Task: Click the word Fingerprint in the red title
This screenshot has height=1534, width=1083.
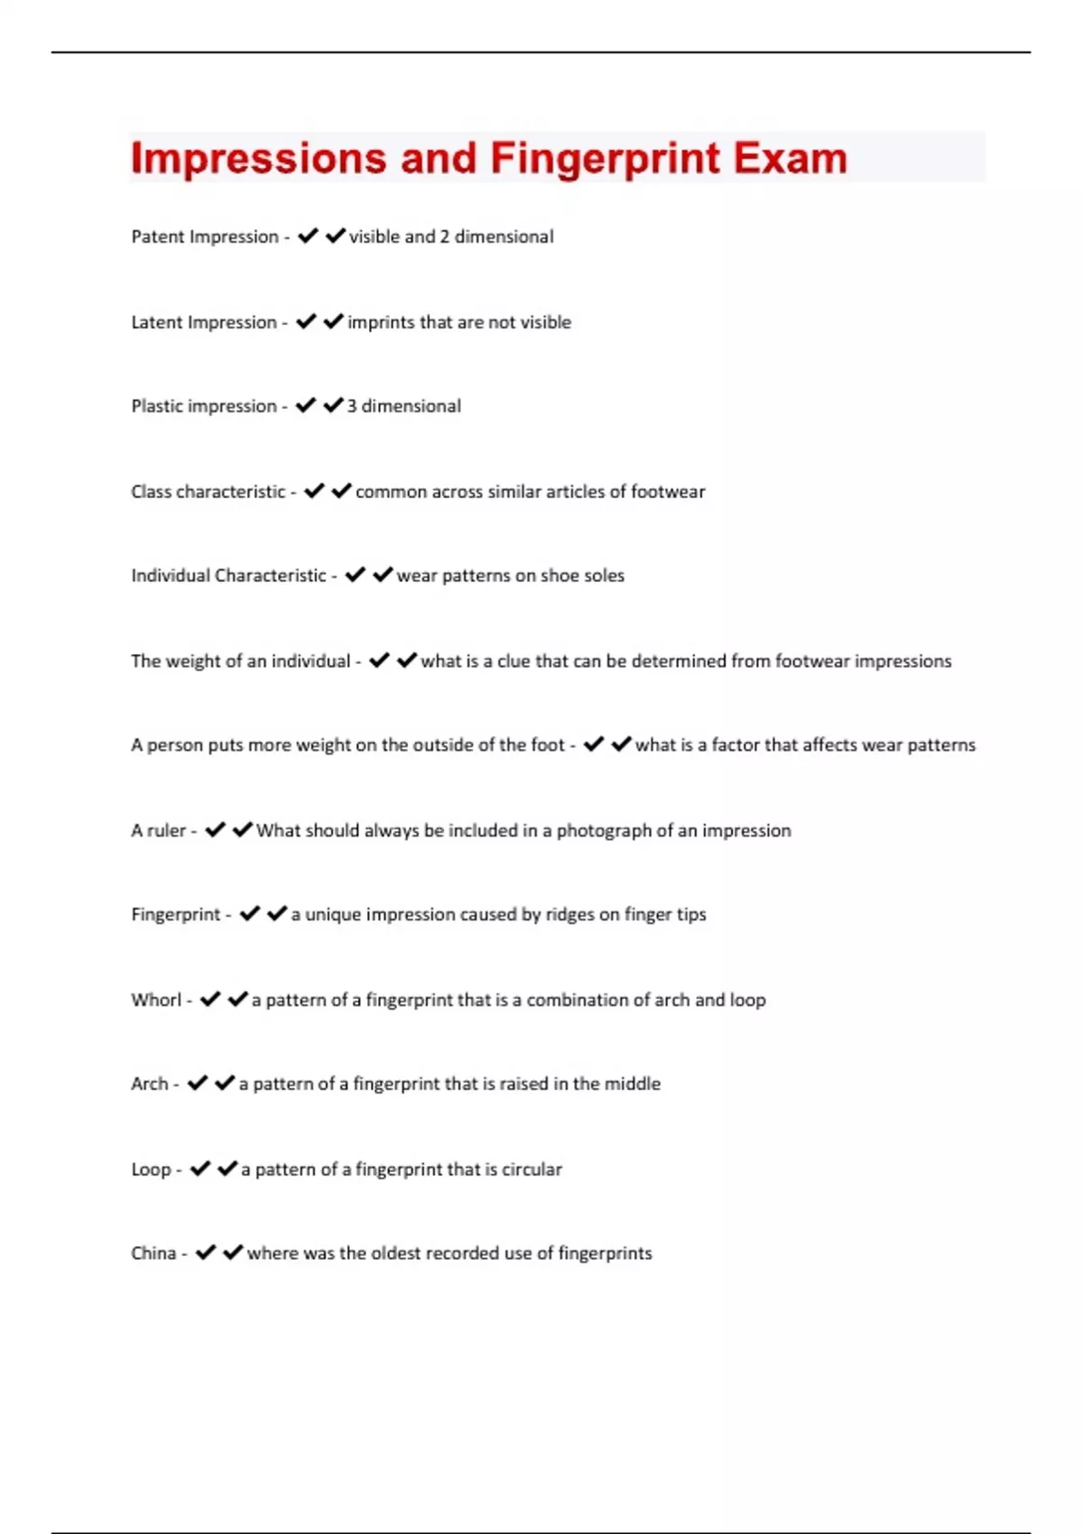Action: (605, 159)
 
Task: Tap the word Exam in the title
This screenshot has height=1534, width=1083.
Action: (791, 159)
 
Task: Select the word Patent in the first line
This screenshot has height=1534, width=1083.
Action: (156, 236)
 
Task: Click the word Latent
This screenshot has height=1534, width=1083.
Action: (156, 322)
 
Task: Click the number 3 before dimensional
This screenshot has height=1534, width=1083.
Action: (352, 406)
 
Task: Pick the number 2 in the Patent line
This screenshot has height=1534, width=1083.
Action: (444, 236)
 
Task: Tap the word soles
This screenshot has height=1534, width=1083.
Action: (605, 576)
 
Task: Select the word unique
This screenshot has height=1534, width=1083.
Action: (333, 915)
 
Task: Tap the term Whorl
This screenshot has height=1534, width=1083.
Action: (156, 1000)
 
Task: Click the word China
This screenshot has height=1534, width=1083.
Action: (153, 1253)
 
